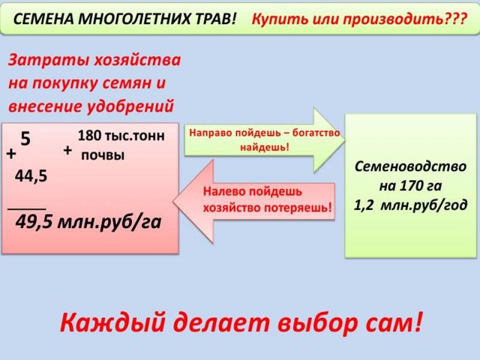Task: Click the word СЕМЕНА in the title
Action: (44, 19)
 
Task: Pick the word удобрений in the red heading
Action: (131, 106)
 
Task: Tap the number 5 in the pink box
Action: (26, 139)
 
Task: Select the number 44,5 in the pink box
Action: (31, 176)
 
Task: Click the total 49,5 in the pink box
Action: (34, 221)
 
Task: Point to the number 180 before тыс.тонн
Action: (89, 136)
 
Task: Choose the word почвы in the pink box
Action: (103, 155)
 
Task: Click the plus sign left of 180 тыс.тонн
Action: (68, 150)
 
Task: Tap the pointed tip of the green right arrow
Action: (344, 141)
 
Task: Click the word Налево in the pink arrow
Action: (224, 191)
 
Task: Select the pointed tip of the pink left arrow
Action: (173, 202)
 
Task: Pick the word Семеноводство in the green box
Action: (410, 167)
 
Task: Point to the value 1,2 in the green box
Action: (364, 205)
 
